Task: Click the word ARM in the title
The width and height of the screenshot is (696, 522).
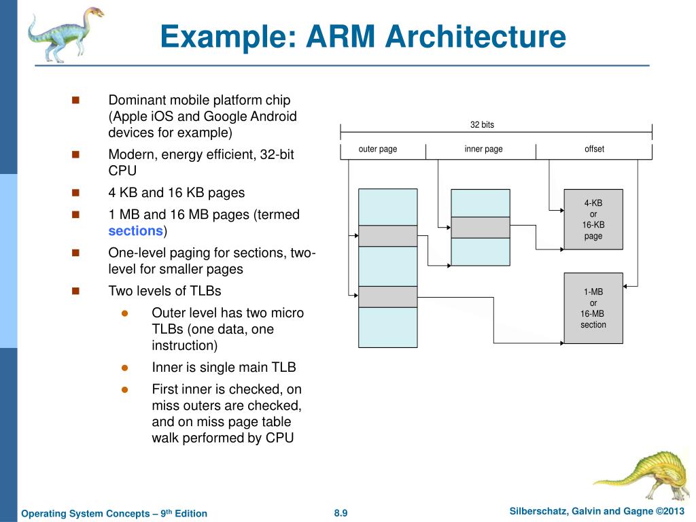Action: tap(343, 37)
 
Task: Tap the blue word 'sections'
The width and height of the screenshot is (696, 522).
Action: tap(136, 230)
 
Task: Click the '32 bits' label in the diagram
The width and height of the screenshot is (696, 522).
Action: tap(482, 124)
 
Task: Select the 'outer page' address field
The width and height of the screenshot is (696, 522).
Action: tap(378, 150)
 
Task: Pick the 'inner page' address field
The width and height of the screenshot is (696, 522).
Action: tap(483, 150)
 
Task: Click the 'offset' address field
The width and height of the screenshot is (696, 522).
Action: tap(594, 150)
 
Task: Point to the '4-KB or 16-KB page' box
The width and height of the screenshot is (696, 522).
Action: tap(593, 220)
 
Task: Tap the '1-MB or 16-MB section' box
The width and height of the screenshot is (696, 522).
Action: tap(593, 309)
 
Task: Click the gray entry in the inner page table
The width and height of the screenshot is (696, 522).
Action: tap(481, 227)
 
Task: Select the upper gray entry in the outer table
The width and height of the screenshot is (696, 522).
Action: tap(387, 236)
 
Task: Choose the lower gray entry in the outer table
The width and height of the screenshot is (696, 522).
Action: tap(387, 297)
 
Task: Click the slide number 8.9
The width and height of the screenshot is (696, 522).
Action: tap(341, 513)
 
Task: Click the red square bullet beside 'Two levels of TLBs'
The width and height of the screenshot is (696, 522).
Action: tap(75, 291)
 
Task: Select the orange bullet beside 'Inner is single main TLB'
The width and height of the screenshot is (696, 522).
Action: tap(124, 368)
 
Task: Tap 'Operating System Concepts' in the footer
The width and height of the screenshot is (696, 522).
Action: tap(88, 513)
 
